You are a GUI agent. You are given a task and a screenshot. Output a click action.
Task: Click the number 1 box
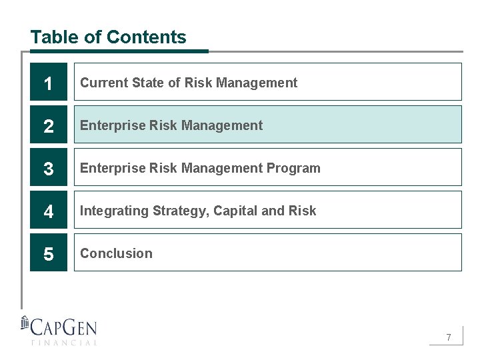pyautogui.click(x=49, y=82)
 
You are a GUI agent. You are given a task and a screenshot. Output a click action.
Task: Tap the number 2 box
pyautogui.click(x=49, y=125)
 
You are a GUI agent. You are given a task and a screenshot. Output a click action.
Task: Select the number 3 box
pyautogui.click(x=49, y=167)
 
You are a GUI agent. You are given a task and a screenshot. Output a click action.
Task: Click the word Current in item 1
pyautogui.click(x=104, y=83)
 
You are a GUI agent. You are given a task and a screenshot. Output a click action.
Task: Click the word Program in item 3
pyautogui.click(x=294, y=168)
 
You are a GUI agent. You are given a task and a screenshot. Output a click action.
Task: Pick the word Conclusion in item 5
pyautogui.click(x=116, y=253)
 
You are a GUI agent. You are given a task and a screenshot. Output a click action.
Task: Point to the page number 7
pyautogui.click(x=449, y=337)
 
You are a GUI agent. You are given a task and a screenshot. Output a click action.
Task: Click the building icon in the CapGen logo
pyautogui.click(x=25, y=323)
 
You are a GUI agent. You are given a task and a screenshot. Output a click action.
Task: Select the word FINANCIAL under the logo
pyautogui.click(x=64, y=343)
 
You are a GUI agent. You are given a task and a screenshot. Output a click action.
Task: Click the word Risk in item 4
pyautogui.click(x=303, y=211)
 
